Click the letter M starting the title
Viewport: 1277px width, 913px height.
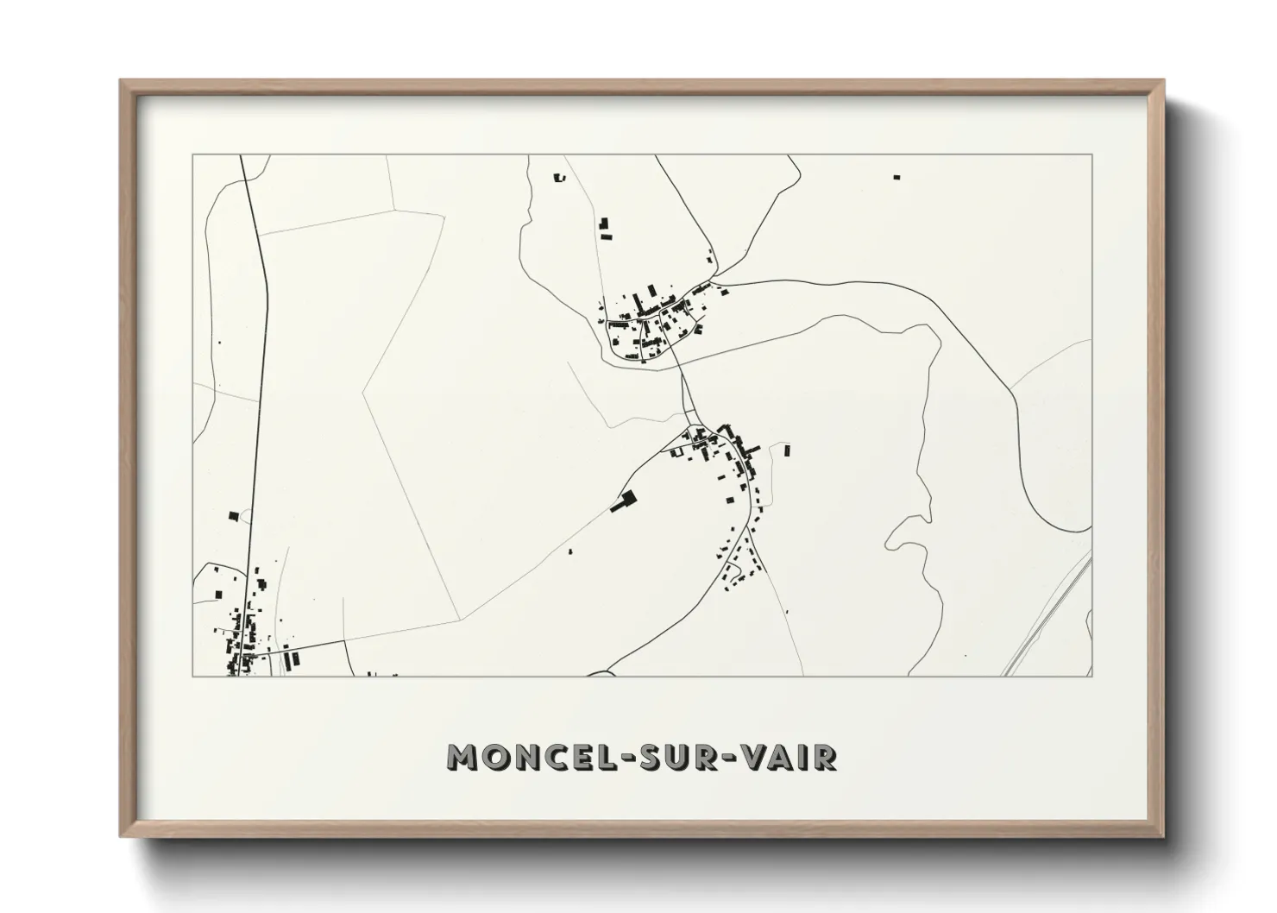coord(463,757)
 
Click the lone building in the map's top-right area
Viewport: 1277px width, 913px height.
coord(896,177)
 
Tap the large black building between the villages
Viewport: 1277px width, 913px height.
coord(624,501)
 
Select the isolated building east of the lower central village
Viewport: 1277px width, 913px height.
coord(786,450)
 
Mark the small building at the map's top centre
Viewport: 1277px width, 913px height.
coord(557,178)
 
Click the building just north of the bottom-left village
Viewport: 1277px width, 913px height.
coord(233,516)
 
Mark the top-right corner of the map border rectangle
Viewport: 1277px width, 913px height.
coord(1092,155)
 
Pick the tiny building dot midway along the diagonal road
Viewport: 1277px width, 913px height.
coord(570,550)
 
